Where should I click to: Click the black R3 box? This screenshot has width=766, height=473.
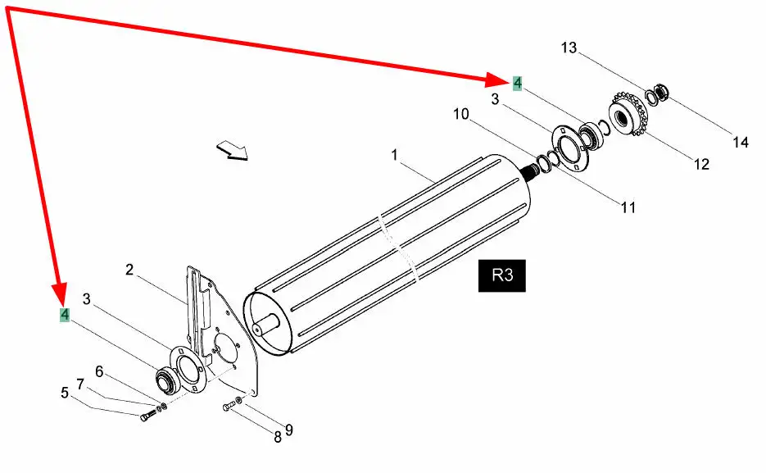pyautogui.click(x=501, y=275)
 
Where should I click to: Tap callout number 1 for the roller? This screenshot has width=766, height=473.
pyautogui.click(x=395, y=156)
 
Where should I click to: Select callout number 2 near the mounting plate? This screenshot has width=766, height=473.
pyautogui.click(x=129, y=270)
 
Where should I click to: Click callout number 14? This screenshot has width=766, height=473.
pyautogui.click(x=741, y=142)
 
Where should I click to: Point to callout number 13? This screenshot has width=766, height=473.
pyautogui.click(x=569, y=48)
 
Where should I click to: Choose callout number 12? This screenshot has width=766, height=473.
pyautogui.click(x=701, y=164)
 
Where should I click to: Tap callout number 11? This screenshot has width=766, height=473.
pyautogui.click(x=628, y=207)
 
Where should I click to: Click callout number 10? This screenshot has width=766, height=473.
pyautogui.click(x=461, y=114)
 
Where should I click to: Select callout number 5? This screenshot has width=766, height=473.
pyautogui.click(x=65, y=393)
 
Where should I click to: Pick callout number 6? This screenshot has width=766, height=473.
pyautogui.click(x=99, y=372)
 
